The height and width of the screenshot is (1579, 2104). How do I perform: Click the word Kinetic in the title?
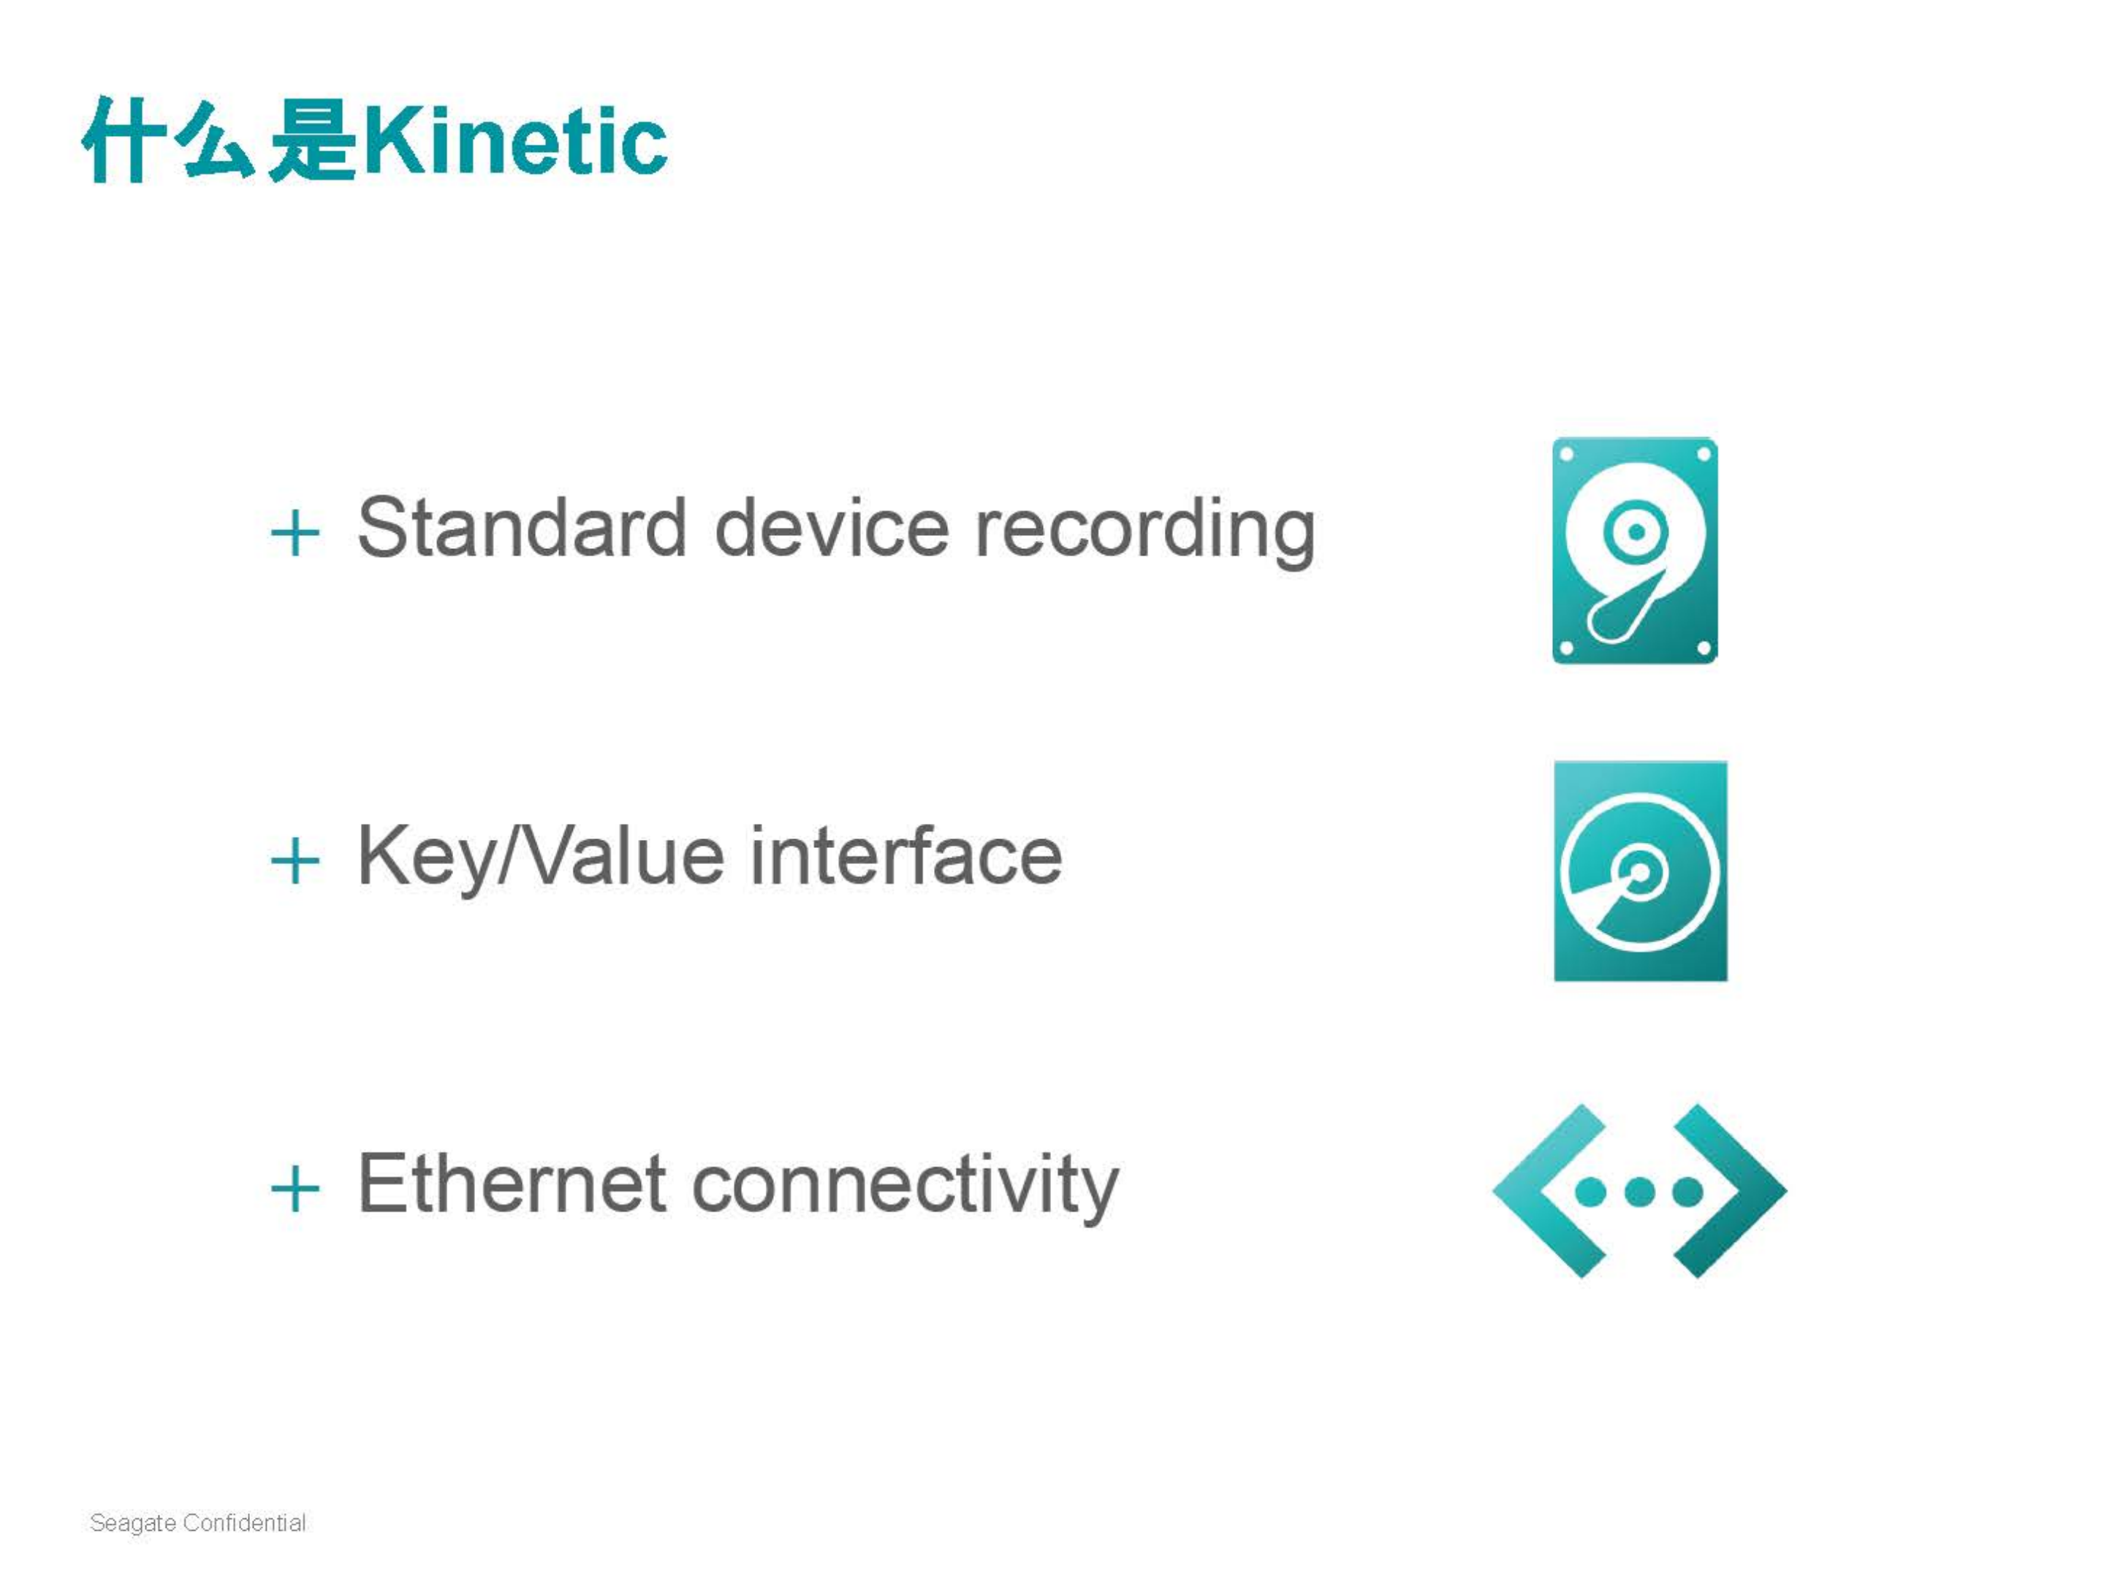(515, 142)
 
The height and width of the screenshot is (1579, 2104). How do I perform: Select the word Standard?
(521, 528)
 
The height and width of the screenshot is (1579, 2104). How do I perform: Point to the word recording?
(1145, 533)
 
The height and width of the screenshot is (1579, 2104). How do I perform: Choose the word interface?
(905, 855)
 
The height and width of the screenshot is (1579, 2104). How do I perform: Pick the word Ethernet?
(512, 1184)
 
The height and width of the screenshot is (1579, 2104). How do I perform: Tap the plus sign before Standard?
(295, 533)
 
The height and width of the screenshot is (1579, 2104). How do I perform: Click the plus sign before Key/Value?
(295, 861)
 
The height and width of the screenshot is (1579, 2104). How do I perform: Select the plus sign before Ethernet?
(295, 1189)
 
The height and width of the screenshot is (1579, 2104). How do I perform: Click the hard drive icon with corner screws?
(1635, 550)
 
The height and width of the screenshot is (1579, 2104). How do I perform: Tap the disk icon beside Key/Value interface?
(1641, 871)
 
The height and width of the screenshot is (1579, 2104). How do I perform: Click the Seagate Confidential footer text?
(198, 1523)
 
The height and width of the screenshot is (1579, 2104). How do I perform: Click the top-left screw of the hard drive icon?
(1567, 455)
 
